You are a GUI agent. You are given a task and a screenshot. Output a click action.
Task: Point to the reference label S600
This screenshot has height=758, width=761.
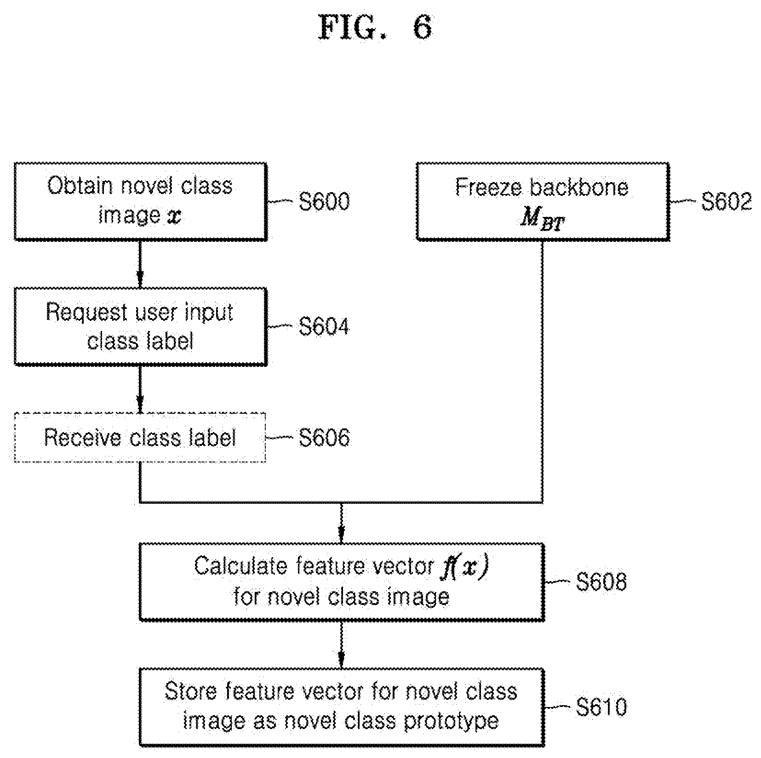(x=324, y=201)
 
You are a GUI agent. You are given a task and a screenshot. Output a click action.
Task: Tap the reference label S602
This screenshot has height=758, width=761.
(x=726, y=201)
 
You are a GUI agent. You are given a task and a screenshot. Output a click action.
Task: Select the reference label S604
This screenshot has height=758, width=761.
(x=324, y=326)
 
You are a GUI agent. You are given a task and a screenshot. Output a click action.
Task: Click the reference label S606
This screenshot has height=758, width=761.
(x=324, y=437)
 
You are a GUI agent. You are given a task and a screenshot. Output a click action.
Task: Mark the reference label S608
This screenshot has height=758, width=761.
(x=601, y=581)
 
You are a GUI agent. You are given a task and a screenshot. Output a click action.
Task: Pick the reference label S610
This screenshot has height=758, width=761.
(x=601, y=707)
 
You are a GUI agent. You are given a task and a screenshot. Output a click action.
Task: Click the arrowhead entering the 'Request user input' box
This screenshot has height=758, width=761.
(x=140, y=281)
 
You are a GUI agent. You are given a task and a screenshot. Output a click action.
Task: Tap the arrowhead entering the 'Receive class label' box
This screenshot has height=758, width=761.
(x=140, y=406)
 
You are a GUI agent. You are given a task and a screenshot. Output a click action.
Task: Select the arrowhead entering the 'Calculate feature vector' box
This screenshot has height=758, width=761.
(x=341, y=536)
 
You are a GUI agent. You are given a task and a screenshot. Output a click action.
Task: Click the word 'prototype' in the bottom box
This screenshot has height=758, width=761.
(x=451, y=721)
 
